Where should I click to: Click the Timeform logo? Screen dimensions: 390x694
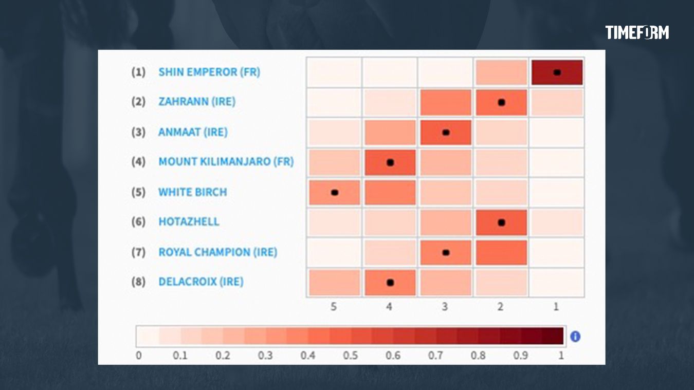(637, 32)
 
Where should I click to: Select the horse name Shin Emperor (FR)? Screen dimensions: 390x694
(209, 72)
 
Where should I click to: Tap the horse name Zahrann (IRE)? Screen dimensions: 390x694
(197, 102)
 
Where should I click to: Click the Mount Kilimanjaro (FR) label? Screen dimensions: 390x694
(226, 162)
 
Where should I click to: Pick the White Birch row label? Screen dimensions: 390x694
(192, 192)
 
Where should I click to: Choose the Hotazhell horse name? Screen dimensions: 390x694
(189, 222)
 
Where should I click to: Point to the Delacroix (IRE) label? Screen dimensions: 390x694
(200, 282)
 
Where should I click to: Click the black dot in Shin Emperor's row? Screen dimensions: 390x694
(557, 72)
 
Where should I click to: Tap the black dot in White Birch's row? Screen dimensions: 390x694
(335, 193)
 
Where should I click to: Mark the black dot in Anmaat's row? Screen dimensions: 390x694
(446, 133)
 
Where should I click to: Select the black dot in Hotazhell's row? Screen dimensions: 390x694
(501, 222)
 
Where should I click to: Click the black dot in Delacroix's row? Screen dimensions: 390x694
(390, 282)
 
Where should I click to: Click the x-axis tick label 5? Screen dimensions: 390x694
(334, 307)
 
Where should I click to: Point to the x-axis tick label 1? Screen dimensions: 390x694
(556, 307)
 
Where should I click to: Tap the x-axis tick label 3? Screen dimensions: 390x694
(445, 307)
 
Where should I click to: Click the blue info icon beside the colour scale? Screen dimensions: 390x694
(575, 337)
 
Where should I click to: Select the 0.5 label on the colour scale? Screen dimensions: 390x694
(350, 356)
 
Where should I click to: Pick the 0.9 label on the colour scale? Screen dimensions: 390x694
(520, 356)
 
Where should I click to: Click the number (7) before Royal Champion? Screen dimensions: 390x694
(138, 252)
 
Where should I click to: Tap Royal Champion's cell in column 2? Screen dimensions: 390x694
(501, 252)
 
